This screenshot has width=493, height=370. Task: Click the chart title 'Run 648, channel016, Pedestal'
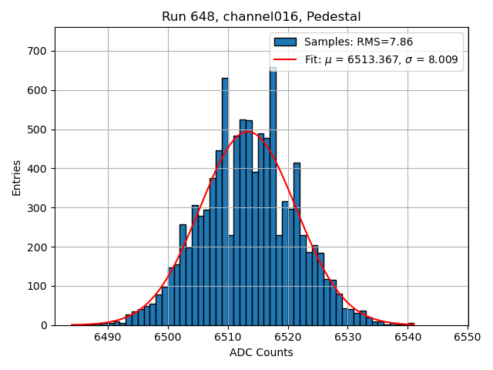tap(261, 17)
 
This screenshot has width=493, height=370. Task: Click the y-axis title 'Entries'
tap(17, 177)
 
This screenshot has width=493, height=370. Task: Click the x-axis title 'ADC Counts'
tap(261, 353)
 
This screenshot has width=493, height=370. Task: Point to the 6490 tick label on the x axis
tap(107, 337)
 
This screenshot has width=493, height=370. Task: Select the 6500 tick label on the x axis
tap(167, 337)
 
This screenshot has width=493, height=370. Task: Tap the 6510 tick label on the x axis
tap(227, 337)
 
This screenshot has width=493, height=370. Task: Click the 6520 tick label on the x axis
tap(287, 337)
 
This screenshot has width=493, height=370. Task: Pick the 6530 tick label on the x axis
tap(347, 337)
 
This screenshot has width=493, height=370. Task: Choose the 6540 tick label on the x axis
tap(407, 337)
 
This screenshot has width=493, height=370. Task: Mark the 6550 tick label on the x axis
tap(468, 337)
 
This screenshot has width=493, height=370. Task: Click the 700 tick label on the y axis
tap(38, 52)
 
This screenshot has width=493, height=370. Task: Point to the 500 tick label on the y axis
tap(38, 129)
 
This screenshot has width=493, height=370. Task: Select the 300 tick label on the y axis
tap(38, 208)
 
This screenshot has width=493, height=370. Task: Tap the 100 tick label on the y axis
tap(38, 287)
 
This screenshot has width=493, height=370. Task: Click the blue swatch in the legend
tap(285, 42)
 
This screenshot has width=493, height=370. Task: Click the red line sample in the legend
tap(285, 59)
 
